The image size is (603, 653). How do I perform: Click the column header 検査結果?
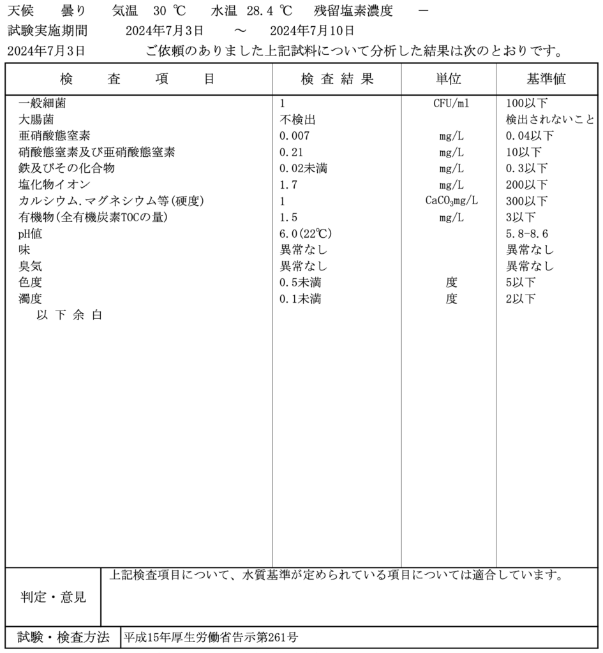[x=337, y=78]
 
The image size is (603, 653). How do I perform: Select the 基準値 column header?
[x=546, y=78]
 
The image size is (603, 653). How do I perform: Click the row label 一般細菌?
[x=42, y=103]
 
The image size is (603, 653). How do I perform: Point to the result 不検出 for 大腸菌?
[x=297, y=119]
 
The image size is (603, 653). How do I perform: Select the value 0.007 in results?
[x=294, y=136]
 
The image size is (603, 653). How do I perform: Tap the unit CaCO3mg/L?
[x=452, y=202]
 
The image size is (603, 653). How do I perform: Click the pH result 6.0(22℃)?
[x=306, y=234]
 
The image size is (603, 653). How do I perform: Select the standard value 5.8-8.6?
[x=526, y=234]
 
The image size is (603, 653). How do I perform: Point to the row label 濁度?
[x=31, y=299]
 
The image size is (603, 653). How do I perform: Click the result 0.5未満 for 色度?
[x=300, y=282]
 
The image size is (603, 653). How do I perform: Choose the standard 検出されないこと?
[x=550, y=119]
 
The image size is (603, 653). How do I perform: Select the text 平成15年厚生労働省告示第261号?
[x=211, y=637]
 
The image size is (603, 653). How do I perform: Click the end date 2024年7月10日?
[x=312, y=31]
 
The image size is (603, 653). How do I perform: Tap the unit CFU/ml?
[x=451, y=103]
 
